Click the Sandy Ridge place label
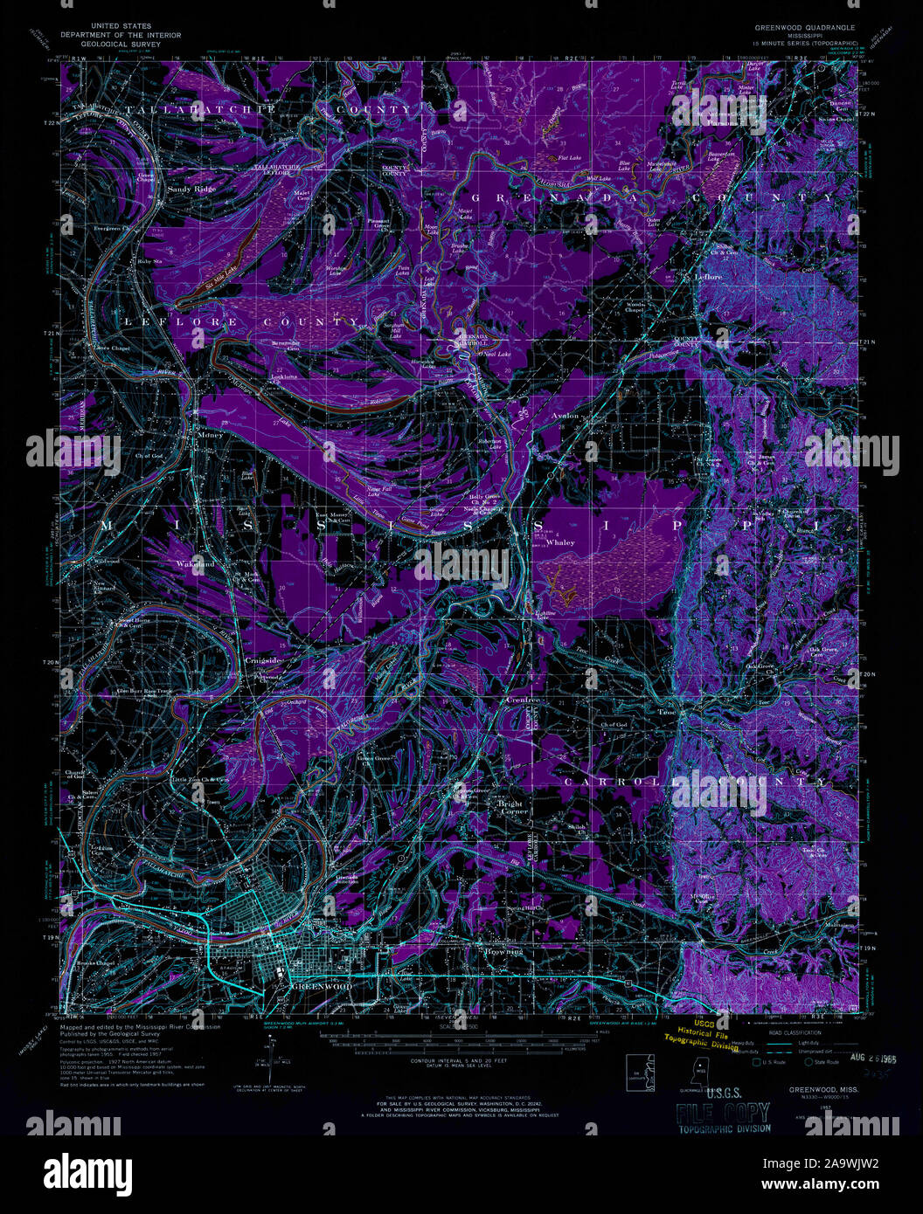pos(191,189)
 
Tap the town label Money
pos(211,433)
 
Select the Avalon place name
pos(566,416)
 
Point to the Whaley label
pos(560,542)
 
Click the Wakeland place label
pos(196,564)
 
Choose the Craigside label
pos(263,660)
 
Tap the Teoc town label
pos(667,712)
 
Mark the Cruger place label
pos(523,700)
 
